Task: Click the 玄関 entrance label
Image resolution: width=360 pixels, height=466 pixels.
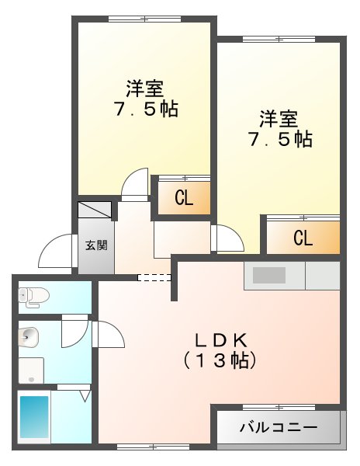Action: [96, 245]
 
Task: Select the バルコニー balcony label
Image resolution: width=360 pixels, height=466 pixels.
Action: [278, 427]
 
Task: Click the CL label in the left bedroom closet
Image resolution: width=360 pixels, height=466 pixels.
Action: [184, 198]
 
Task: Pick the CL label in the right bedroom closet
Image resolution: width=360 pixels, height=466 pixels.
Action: [303, 238]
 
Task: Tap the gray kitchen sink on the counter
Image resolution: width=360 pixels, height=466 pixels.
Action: [268, 275]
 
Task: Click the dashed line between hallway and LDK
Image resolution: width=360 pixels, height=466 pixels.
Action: [154, 276]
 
